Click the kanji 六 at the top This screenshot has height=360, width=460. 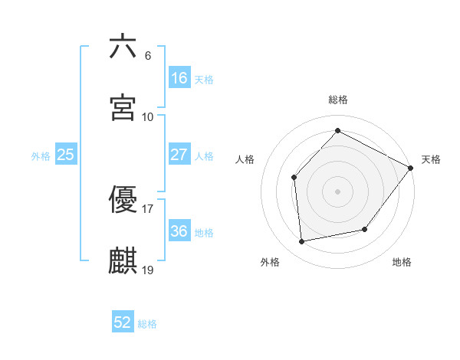click(x=123, y=47)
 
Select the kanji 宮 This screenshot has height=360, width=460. click(x=123, y=108)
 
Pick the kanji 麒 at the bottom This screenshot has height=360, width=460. click(x=123, y=261)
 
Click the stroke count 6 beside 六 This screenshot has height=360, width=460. click(x=147, y=56)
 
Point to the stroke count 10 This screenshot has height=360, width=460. click(x=148, y=117)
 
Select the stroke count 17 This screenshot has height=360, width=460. click(x=148, y=208)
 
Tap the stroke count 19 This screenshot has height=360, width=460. click(x=148, y=270)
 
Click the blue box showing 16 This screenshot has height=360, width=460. click(x=179, y=77)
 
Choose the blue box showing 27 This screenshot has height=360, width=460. click(x=179, y=154)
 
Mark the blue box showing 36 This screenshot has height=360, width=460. click(x=179, y=231)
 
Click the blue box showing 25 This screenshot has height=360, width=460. click(x=66, y=155)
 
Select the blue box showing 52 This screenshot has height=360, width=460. click(x=123, y=322)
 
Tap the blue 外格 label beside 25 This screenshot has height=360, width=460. click(x=41, y=156)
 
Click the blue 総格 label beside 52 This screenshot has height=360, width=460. click(x=147, y=324)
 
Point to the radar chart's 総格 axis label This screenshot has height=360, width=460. click(x=338, y=100)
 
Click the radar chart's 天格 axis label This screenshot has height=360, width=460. click(x=431, y=159)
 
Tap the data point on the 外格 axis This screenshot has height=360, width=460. click(x=303, y=242)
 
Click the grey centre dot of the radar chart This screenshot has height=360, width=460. click(x=338, y=191)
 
